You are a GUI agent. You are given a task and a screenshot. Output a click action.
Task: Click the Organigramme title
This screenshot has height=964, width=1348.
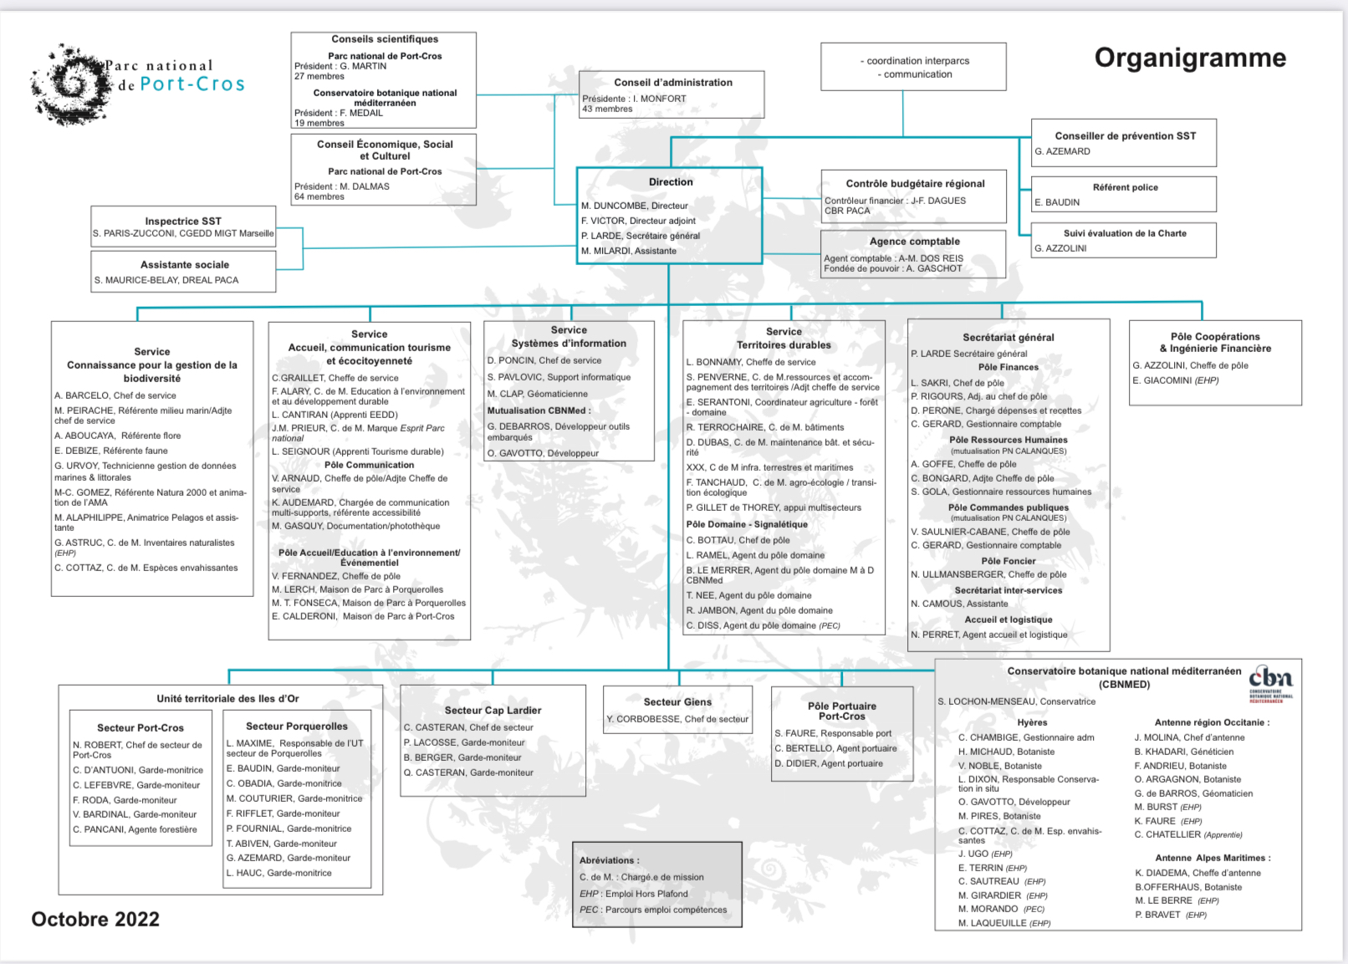[x=1190, y=58]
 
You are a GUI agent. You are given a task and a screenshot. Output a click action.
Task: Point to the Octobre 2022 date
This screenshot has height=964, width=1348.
[x=95, y=919]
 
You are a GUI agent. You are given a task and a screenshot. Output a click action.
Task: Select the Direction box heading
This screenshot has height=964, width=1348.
[x=671, y=182]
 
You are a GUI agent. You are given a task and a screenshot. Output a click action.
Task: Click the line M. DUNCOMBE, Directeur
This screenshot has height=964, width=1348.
[x=635, y=206]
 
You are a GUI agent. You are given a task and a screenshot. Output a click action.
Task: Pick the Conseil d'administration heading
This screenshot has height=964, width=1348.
[x=673, y=83]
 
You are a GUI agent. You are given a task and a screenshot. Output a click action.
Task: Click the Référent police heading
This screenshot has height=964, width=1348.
[x=1125, y=187]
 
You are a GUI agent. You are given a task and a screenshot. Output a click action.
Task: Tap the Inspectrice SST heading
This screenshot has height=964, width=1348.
[x=183, y=222]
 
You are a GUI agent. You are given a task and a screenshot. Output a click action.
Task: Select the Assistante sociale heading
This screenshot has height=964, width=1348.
[x=185, y=265]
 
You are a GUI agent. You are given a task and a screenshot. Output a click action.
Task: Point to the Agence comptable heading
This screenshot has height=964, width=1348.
[x=915, y=242]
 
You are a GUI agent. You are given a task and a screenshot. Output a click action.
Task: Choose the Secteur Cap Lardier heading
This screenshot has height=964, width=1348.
[x=493, y=711]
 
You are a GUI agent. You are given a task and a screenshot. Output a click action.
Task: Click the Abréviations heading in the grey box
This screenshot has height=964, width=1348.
[x=610, y=860]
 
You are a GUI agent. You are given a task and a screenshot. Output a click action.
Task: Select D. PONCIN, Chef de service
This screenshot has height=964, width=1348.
[x=544, y=360]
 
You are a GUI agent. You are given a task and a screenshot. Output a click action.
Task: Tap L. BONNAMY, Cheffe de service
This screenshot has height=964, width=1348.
[x=751, y=362]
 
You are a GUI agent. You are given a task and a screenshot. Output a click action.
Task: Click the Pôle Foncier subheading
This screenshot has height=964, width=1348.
[x=1008, y=561]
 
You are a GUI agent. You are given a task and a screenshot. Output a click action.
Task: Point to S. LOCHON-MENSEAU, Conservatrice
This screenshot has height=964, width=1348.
[x=1016, y=701]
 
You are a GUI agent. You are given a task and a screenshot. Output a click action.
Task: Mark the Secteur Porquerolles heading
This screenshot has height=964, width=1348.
[x=297, y=727]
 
